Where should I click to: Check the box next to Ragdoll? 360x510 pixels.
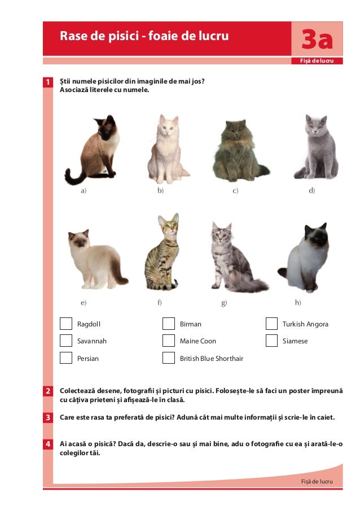65,324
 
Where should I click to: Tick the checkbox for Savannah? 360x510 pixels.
65,341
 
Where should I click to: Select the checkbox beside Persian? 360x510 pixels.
65,358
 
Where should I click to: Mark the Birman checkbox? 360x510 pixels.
168,324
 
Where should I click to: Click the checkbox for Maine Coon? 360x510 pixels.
168,341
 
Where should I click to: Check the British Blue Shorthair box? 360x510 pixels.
168,358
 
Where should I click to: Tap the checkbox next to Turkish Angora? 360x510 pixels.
271,324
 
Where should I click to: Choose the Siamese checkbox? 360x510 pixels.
271,341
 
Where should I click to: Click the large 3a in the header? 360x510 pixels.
317,40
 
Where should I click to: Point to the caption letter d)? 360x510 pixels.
311,190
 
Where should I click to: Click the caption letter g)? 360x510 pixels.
224,303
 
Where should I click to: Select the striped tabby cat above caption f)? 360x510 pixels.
162,252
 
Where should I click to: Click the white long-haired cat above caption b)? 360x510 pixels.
168,149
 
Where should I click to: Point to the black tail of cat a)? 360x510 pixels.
74,177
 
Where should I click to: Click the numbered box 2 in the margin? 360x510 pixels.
48,391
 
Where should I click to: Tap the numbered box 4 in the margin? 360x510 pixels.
48,444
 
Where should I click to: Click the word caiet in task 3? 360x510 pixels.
326,417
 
